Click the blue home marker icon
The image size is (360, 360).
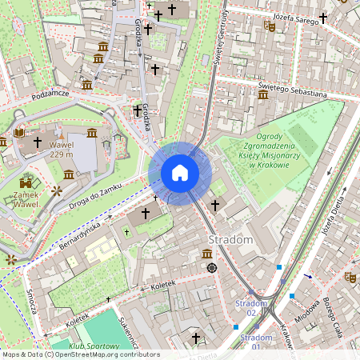pos(180,173)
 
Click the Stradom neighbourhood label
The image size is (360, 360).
pos(230,240)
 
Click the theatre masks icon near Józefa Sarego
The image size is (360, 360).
pos(270,26)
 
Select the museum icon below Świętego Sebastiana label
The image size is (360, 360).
pos(263,95)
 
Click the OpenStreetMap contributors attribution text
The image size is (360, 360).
pos(80,354)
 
